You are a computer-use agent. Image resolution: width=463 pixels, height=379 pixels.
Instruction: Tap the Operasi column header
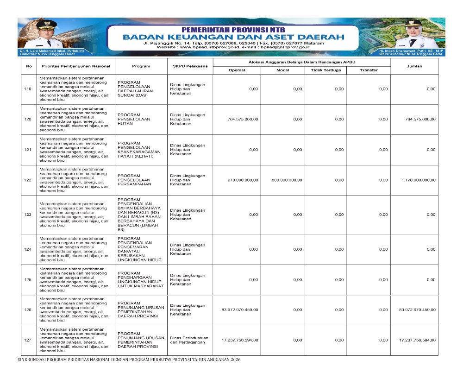(x=237, y=70)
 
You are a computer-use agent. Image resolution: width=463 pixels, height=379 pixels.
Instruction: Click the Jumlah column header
(x=414, y=66)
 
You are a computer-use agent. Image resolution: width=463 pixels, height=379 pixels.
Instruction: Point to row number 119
(x=28, y=89)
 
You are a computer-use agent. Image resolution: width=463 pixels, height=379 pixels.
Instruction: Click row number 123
(x=28, y=215)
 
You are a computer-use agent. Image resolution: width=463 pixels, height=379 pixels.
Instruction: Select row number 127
(x=28, y=340)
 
